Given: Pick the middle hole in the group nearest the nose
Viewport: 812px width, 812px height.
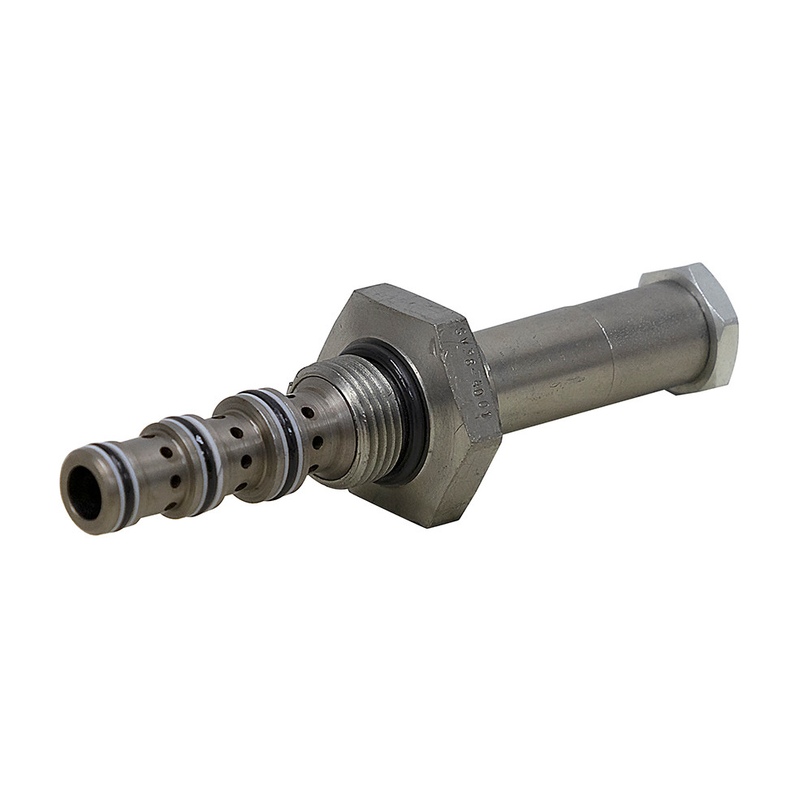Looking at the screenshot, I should coord(175,481).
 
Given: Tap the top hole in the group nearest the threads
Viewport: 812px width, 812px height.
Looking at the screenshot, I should coord(307,413).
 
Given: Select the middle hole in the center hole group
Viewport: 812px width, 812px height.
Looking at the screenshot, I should coord(246,461).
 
